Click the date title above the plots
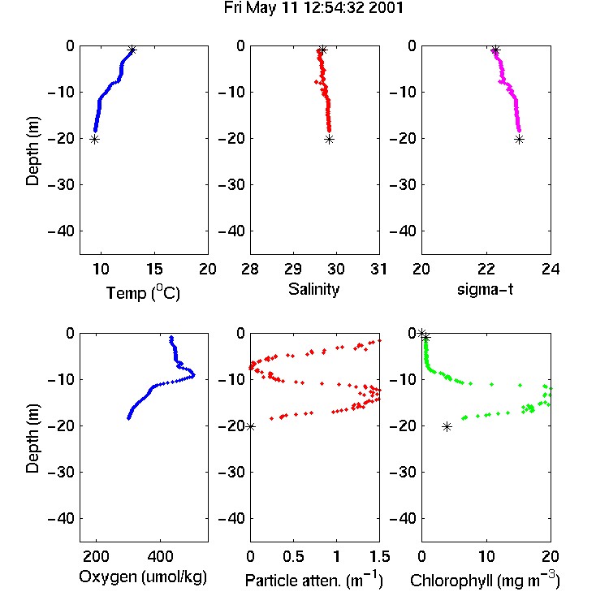(x=313, y=8)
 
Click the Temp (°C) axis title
(x=143, y=292)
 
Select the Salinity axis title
(x=313, y=289)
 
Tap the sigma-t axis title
(x=485, y=289)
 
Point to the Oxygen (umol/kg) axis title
(x=143, y=577)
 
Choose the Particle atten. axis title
(x=313, y=580)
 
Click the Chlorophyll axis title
(x=485, y=580)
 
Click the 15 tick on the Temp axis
(x=154, y=269)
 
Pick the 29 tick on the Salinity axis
(x=293, y=269)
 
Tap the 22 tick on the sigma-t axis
(x=486, y=269)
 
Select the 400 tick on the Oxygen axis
(x=161, y=556)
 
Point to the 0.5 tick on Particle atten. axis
(x=293, y=556)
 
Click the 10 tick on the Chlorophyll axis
(x=486, y=556)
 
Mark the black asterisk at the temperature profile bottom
(x=94, y=140)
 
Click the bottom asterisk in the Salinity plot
(x=330, y=140)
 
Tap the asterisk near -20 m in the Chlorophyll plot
(x=447, y=427)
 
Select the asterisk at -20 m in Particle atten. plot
(x=251, y=427)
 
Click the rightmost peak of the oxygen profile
(x=193, y=375)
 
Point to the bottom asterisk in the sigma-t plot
(x=520, y=140)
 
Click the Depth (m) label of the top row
(x=32, y=151)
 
